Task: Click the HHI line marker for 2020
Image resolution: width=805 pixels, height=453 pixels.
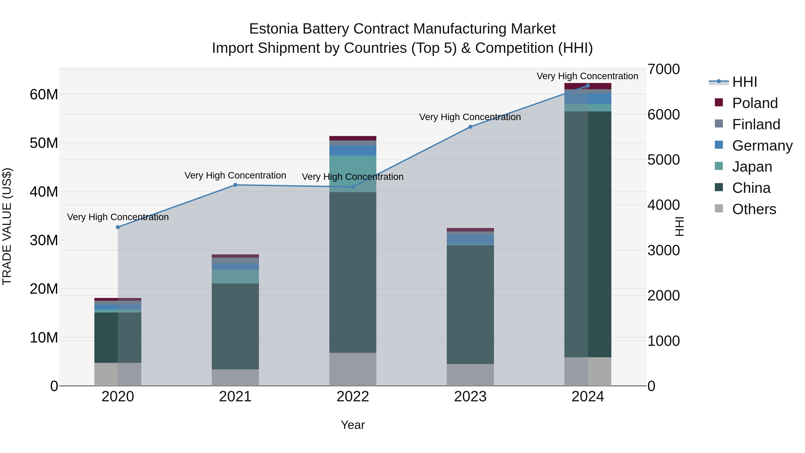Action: point(118,227)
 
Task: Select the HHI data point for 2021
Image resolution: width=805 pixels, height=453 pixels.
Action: point(235,185)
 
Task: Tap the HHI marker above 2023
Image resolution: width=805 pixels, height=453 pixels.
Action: point(470,127)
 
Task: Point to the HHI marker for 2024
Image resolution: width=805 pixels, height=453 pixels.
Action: point(588,86)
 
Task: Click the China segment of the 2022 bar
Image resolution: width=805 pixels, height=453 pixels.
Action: point(353,272)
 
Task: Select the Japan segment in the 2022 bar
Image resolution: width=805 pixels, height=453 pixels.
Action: point(353,174)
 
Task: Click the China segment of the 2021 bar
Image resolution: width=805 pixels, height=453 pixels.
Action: point(235,326)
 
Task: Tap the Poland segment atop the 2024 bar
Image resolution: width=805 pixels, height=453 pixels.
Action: point(588,86)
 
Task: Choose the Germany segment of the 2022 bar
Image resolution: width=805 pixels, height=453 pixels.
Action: point(353,150)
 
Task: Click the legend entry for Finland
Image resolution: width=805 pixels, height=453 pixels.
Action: point(756,124)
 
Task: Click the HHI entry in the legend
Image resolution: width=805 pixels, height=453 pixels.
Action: point(744,82)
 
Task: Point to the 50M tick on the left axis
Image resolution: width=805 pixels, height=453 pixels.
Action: point(44,143)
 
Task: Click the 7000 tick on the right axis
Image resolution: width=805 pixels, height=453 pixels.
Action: point(663,69)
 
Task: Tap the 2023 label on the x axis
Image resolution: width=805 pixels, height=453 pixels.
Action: point(470,397)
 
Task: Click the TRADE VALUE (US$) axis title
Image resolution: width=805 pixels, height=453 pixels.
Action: point(7,226)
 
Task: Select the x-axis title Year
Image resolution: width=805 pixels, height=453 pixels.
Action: point(353,425)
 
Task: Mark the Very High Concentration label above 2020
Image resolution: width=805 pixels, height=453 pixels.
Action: point(118,217)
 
